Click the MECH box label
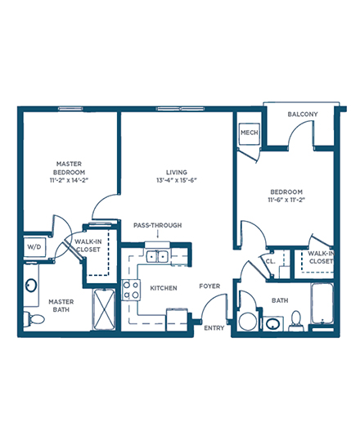pos(249,133)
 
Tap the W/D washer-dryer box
pos(34,247)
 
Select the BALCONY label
pos(303,115)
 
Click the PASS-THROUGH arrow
pos(158,234)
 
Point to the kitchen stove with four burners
pos(131,290)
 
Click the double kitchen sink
pos(157,257)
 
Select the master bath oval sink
pos(31,285)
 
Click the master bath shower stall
pos(104,309)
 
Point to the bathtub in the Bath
pos(322,304)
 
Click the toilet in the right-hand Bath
pos(296,321)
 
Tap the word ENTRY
pos(214,328)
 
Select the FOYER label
pos(209,286)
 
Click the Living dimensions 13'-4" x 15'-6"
pos(177,180)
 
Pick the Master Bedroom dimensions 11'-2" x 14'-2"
pos(69,180)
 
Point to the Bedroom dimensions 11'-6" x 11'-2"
pos(286,200)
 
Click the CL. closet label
pos(270,261)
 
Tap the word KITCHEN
pos(164,288)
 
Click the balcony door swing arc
pos(295,126)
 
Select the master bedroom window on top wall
pos(70,108)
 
